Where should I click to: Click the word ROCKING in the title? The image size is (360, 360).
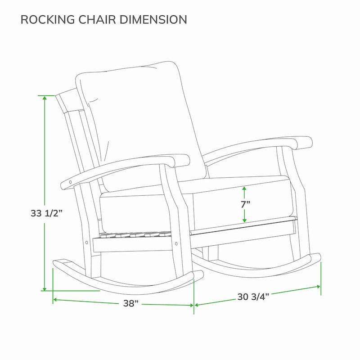[x=48, y=19]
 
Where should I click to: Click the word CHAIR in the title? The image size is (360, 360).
[x=97, y=19]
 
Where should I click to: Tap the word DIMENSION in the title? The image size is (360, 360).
[x=153, y=19]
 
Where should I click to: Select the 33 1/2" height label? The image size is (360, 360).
[x=47, y=213]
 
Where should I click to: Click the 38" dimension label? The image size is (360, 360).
[x=131, y=303]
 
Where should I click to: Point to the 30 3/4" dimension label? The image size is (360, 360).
[x=253, y=297]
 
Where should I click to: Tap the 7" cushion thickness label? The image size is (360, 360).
[x=245, y=204]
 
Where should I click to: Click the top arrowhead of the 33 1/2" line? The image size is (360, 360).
[x=45, y=98]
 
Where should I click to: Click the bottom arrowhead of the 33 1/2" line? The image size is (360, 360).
[x=45, y=288]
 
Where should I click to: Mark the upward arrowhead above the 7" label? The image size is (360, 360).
[x=244, y=188]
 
